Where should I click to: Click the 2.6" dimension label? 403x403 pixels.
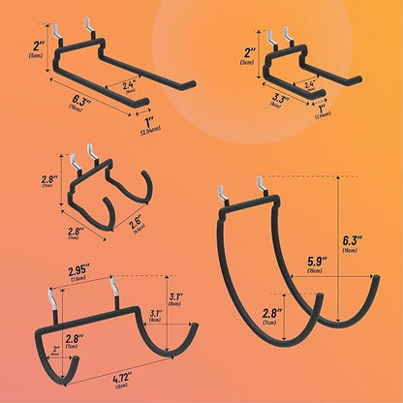[138, 227]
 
